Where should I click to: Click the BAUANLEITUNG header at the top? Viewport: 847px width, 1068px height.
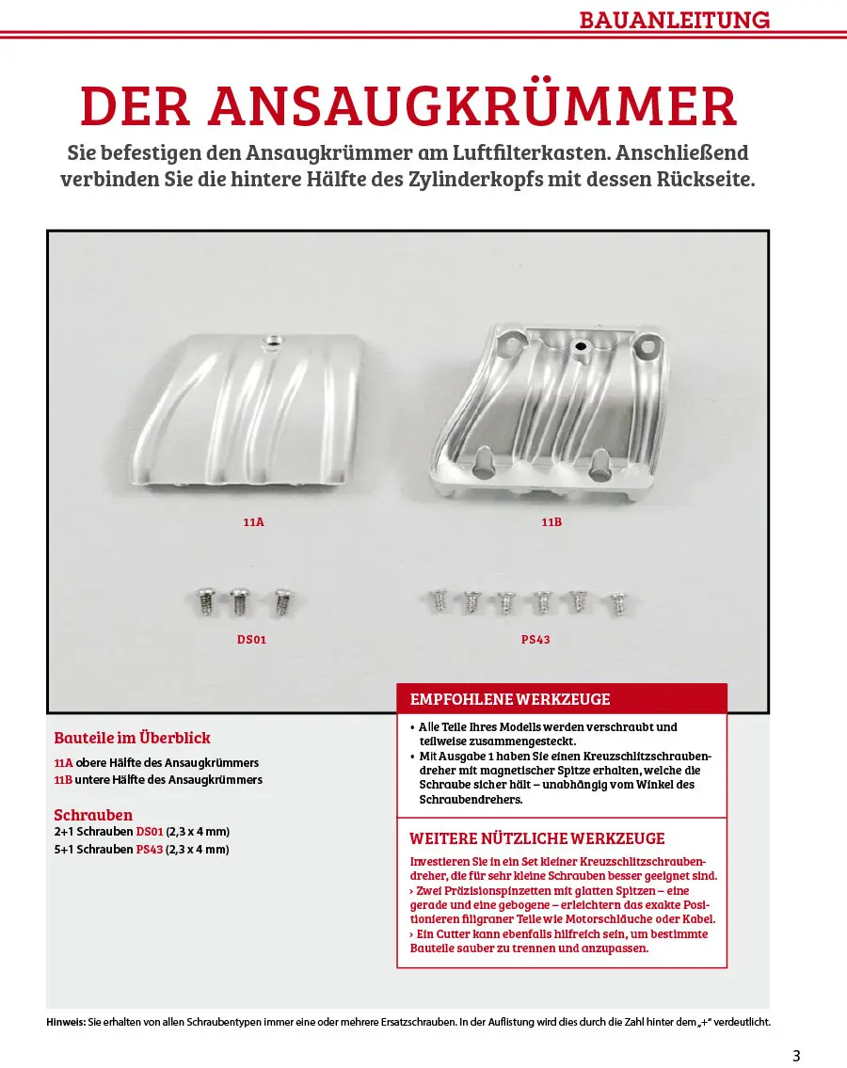click(674, 20)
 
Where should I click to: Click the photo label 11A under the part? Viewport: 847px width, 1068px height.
click(254, 520)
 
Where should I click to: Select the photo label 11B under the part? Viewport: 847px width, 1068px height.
click(551, 520)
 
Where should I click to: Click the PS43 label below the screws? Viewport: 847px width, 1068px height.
click(535, 639)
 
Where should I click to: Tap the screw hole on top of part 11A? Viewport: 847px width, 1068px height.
click(273, 339)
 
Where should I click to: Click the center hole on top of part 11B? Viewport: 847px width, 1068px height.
click(582, 347)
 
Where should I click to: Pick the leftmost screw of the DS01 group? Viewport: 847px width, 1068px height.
click(204, 599)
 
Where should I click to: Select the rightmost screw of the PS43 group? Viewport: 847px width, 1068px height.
click(617, 601)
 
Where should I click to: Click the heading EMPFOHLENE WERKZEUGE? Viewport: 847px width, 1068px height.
click(509, 699)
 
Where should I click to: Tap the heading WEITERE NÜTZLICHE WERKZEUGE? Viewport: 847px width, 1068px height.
click(536, 838)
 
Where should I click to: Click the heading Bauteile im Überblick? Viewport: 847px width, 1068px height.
click(132, 738)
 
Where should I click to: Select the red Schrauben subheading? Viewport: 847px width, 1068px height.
click(93, 815)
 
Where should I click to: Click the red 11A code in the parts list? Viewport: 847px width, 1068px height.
click(63, 763)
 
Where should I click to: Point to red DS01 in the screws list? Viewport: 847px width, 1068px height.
click(150, 832)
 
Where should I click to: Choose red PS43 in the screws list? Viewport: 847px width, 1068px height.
click(150, 849)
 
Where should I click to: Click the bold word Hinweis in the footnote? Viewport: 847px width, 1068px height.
click(66, 1022)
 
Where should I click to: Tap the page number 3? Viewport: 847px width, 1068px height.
click(796, 1055)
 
